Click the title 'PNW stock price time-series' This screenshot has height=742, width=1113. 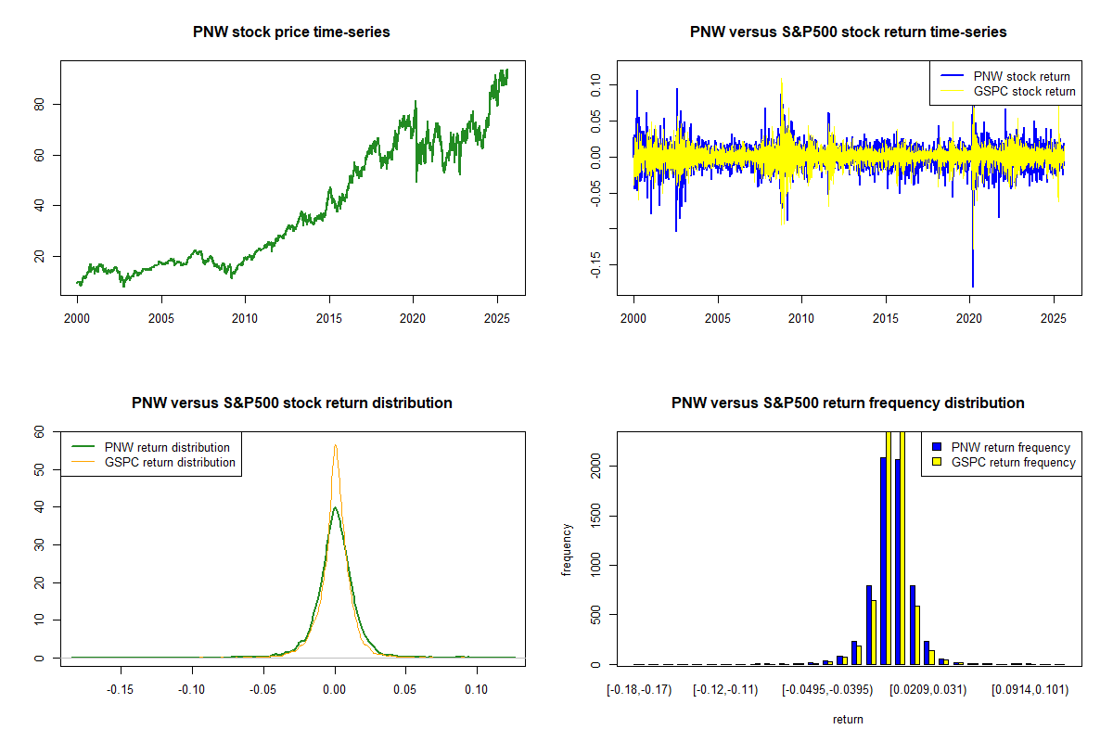291,32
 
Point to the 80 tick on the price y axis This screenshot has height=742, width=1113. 39,104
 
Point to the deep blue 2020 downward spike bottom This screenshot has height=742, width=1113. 973,286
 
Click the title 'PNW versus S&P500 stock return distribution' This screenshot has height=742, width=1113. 291,403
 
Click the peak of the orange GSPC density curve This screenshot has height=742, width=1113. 335,445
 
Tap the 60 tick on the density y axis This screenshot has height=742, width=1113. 39,431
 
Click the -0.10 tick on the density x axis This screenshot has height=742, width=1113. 193,690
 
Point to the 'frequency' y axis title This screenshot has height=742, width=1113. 568,550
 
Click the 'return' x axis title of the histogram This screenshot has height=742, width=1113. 848,719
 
